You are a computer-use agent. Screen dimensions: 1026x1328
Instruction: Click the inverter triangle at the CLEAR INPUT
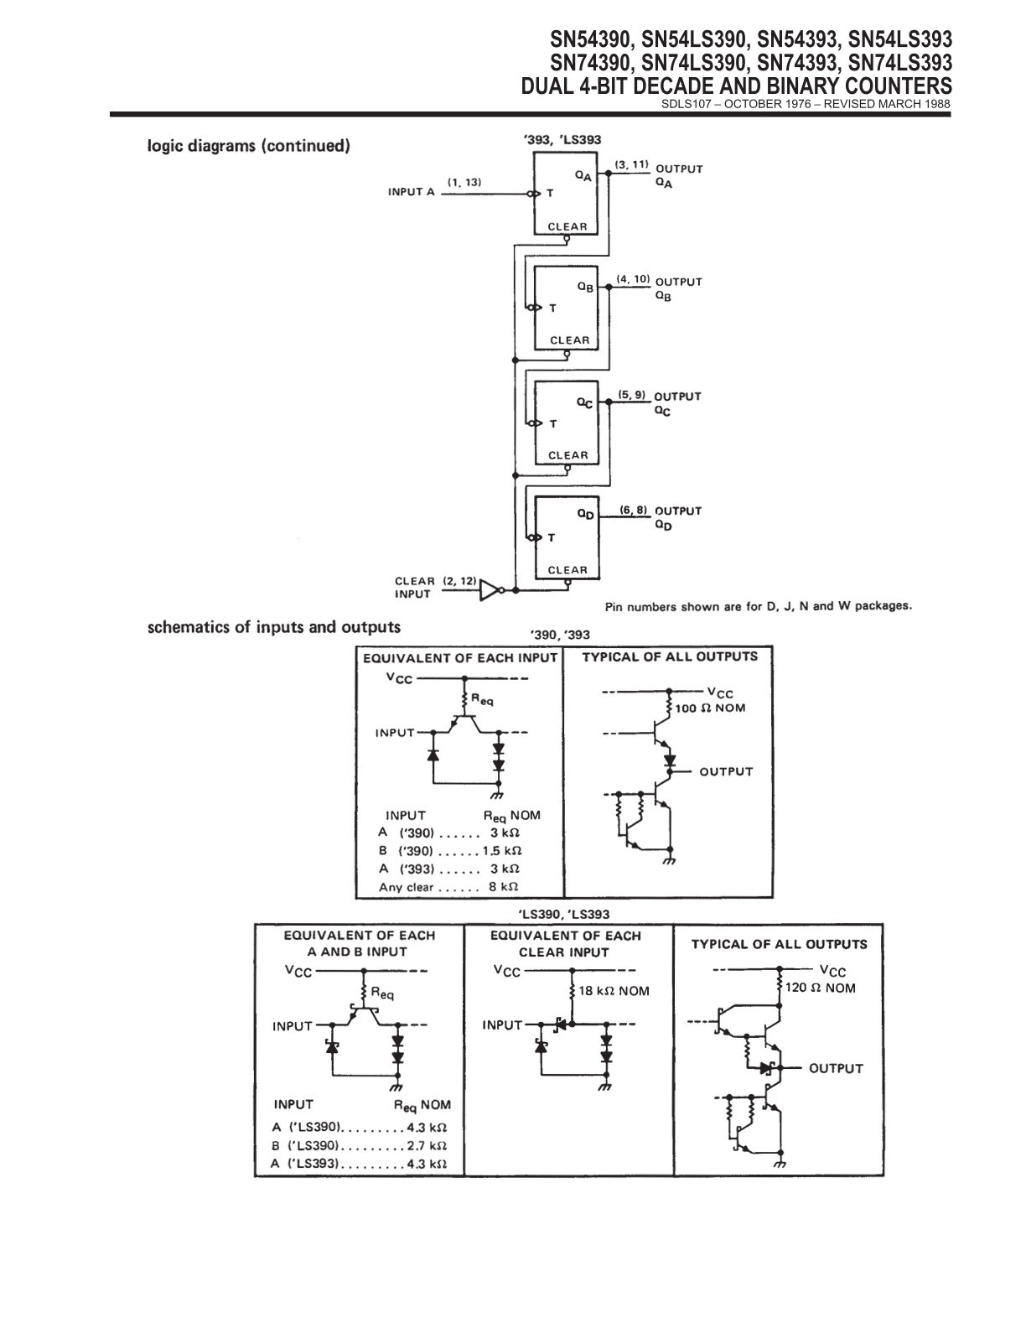click(x=490, y=590)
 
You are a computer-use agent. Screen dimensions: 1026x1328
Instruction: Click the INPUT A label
click(x=412, y=192)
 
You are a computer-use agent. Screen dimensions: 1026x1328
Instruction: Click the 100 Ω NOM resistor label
click(x=710, y=708)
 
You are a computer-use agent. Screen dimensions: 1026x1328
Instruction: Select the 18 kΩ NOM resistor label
click(x=614, y=991)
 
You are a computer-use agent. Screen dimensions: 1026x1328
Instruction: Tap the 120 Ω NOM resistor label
click(x=820, y=988)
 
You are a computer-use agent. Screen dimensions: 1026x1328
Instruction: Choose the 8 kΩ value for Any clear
click(x=504, y=887)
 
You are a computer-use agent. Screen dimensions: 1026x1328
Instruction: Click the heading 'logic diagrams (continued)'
click(x=249, y=146)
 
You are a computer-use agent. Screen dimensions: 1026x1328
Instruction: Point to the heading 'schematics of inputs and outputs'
click(x=274, y=627)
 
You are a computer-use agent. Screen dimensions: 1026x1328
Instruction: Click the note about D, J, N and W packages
click(x=759, y=606)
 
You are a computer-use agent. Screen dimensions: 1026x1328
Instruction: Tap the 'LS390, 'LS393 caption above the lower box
click(x=562, y=915)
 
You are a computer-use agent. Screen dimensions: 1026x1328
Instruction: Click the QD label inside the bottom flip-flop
click(x=586, y=516)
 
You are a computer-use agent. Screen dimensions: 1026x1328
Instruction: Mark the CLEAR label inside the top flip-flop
click(x=567, y=226)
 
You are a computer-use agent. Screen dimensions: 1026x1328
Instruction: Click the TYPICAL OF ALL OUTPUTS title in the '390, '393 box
click(x=670, y=657)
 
